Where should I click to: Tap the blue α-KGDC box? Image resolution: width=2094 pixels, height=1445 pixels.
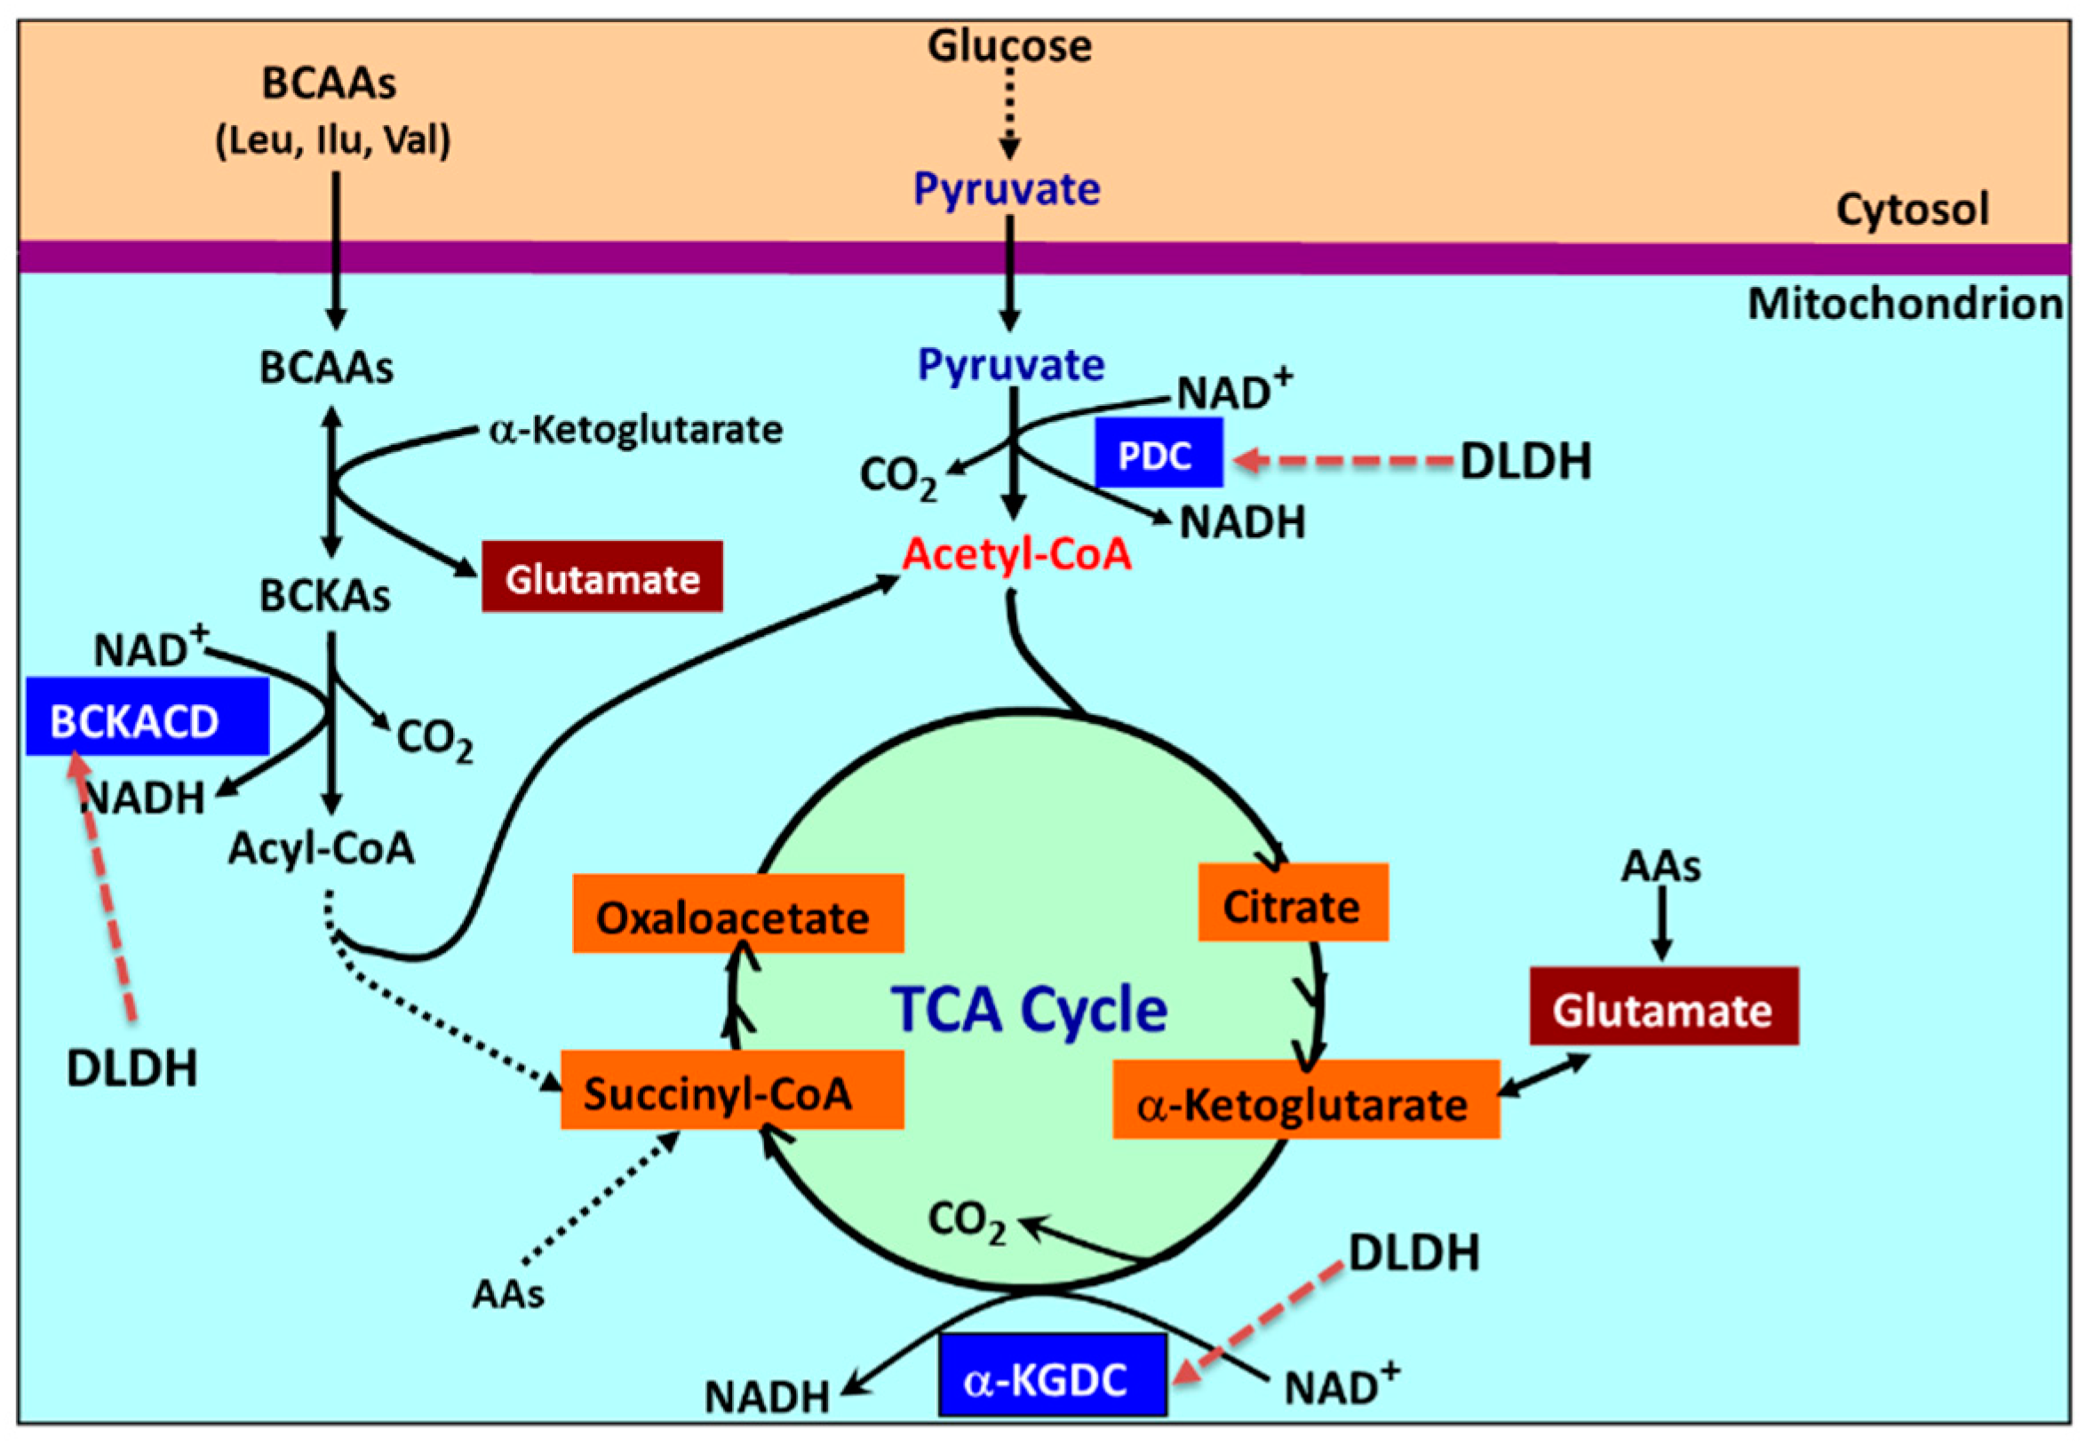pos(1053,1378)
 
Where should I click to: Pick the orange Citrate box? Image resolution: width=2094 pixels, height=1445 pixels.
pos(1293,904)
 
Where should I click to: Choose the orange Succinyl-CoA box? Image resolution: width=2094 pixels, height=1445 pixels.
pos(732,1091)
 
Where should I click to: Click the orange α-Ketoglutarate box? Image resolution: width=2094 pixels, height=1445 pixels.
pos(1305,1102)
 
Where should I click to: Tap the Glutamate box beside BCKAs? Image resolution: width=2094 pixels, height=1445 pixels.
pos(602,577)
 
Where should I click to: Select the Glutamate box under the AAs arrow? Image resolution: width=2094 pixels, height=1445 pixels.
pos(1664,1008)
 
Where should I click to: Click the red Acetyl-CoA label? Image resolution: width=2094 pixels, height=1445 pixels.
pos(1016,553)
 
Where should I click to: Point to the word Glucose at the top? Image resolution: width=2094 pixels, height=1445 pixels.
pos(1009,45)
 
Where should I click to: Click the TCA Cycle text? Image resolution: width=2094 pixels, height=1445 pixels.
pos(1029,1010)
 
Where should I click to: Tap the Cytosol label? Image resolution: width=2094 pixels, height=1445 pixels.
pos(1912,209)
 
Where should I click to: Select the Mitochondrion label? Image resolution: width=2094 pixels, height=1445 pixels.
pos(1905,305)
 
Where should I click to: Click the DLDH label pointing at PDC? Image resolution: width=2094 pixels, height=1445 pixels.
pos(1525,462)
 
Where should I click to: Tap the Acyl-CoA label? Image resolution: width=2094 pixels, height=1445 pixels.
pos(322,848)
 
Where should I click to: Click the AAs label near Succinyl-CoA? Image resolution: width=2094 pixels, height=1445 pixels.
pos(508,1294)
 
